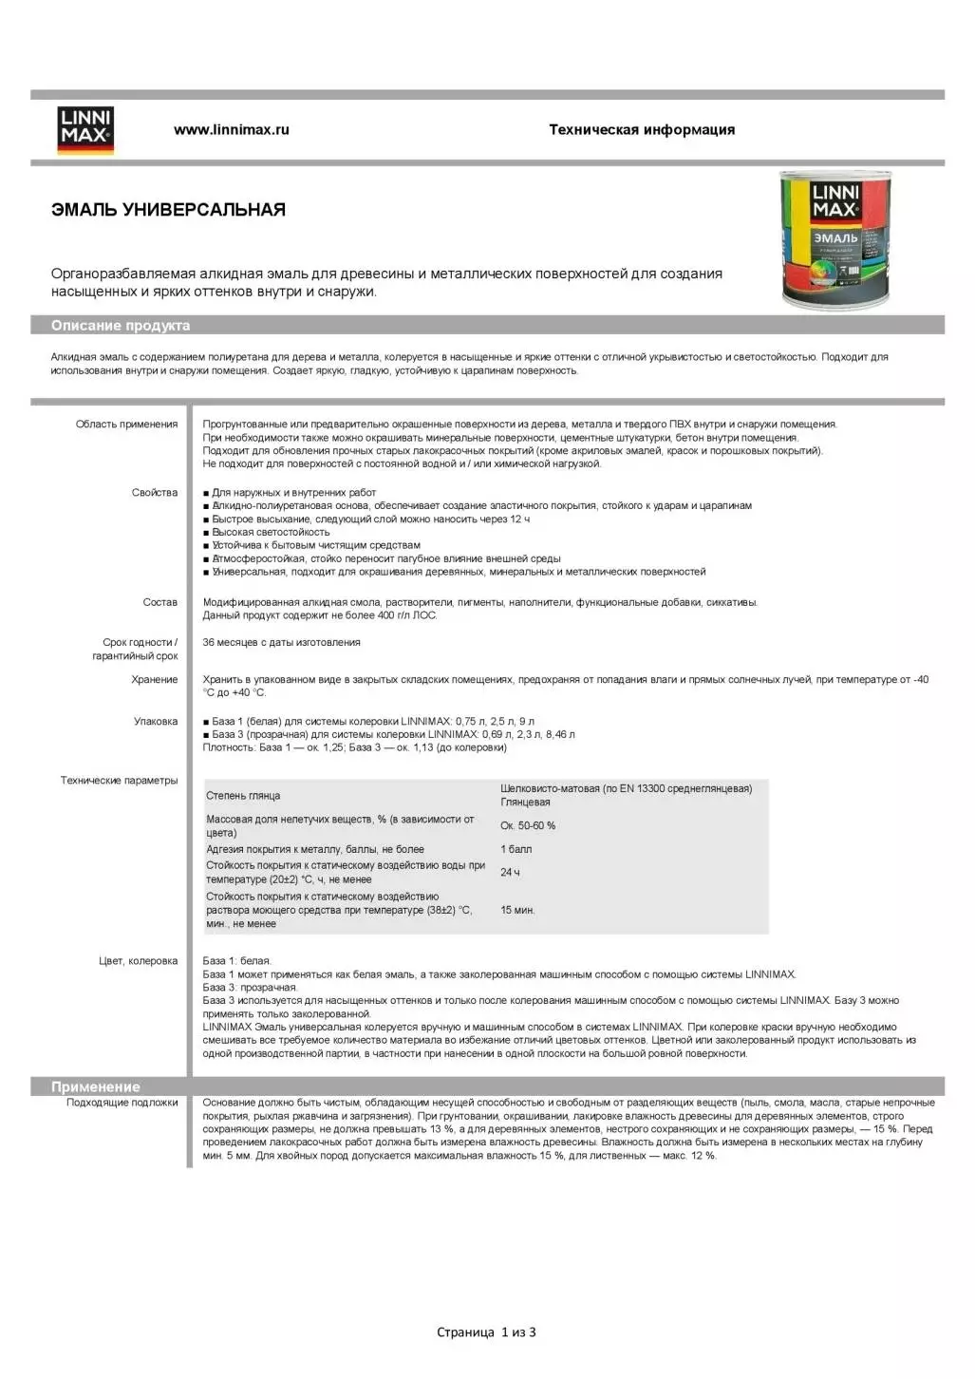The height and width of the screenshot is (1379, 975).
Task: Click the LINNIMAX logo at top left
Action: pyautogui.click(x=85, y=130)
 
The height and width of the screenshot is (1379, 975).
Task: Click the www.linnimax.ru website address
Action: pyautogui.click(x=231, y=130)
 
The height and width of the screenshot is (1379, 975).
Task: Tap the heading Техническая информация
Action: pyautogui.click(x=642, y=130)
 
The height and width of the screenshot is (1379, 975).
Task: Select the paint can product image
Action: pyautogui.click(x=835, y=240)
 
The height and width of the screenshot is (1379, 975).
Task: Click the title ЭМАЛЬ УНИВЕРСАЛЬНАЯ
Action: pyautogui.click(x=168, y=210)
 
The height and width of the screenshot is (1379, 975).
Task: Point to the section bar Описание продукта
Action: pyautogui.click(x=121, y=326)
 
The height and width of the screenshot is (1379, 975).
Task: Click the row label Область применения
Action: pyautogui.click(x=126, y=425)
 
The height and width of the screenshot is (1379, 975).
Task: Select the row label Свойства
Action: pyautogui.click(x=155, y=493)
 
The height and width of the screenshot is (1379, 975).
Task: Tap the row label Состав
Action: pyautogui.click(x=159, y=602)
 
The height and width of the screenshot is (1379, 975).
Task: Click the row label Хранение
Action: pyautogui.click(x=155, y=680)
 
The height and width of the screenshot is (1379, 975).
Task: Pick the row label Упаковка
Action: pyautogui.click(x=156, y=722)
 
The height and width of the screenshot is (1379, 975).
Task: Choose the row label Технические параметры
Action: pyautogui.click(x=119, y=781)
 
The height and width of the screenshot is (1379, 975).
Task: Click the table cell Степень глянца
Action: pyautogui.click(x=243, y=796)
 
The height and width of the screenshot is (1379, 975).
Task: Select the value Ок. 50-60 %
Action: pyautogui.click(x=528, y=826)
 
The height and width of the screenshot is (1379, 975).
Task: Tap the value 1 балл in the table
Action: pyautogui.click(x=516, y=850)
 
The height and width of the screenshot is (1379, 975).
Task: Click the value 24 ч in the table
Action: pyautogui.click(x=510, y=873)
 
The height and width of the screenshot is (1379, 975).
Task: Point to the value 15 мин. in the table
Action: pyautogui.click(x=517, y=911)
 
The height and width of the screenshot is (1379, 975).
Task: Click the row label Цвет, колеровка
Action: pyautogui.click(x=138, y=961)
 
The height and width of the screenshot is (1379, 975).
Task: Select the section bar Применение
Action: pyautogui.click(x=95, y=1086)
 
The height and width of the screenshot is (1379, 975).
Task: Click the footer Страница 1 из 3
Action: pyautogui.click(x=486, y=1332)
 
